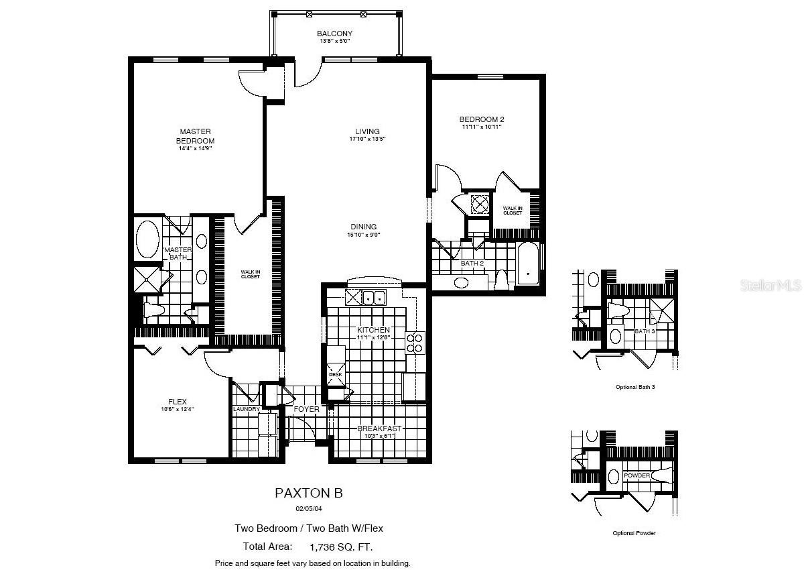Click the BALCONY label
tap(334, 34)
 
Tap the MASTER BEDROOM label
tap(195, 136)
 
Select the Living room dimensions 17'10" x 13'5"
tap(367, 139)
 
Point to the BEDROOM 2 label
tap(482, 119)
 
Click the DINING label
tap(362, 227)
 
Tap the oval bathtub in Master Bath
tap(147, 237)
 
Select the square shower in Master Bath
tap(147, 280)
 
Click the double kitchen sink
tap(373, 297)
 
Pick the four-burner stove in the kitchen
tap(415, 343)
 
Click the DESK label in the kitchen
tap(335, 375)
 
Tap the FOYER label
tap(306, 409)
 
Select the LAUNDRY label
tap(246, 409)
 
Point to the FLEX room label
tap(178, 402)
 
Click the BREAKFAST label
tap(379, 429)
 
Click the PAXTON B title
tap(309, 493)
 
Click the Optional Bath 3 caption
tap(634, 387)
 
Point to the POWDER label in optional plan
tap(636, 475)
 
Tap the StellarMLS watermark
tap(770, 285)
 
